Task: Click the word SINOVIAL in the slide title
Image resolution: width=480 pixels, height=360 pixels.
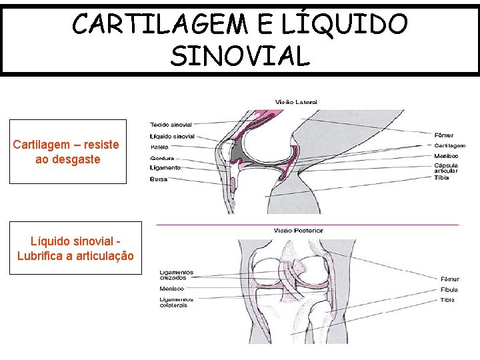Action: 240,56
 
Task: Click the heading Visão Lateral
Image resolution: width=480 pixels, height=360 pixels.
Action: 296,102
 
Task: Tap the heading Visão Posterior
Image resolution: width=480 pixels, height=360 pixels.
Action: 298,230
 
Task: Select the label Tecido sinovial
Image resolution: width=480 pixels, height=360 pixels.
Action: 171,125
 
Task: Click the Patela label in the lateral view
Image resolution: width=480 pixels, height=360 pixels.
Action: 159,147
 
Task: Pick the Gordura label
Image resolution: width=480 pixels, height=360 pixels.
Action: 162,158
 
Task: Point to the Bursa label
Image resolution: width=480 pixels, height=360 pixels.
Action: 159,179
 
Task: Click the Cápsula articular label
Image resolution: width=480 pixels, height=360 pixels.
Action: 445,168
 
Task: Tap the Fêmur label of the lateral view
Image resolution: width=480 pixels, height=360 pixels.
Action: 445,135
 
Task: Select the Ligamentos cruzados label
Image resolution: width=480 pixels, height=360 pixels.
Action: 177,275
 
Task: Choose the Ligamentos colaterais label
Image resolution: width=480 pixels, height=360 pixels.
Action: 173,302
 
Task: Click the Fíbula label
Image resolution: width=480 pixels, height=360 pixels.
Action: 449,289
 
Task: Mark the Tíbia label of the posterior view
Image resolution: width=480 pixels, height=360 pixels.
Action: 448,300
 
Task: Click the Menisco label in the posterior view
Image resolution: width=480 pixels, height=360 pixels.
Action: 171,289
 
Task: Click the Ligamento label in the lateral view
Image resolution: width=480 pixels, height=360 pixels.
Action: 165,168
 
